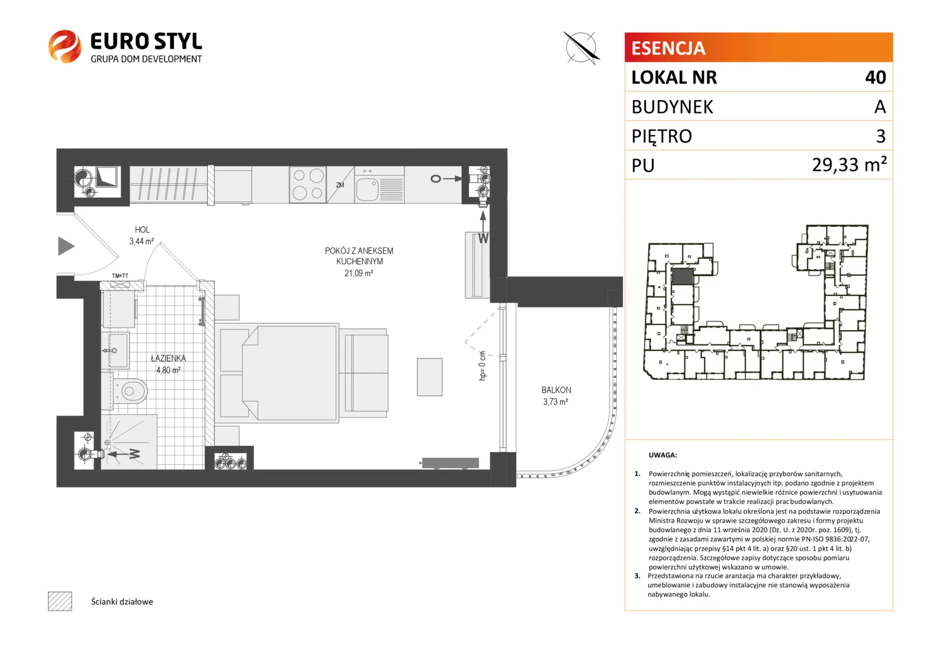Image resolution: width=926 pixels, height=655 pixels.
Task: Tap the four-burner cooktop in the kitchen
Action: tap(308, 184)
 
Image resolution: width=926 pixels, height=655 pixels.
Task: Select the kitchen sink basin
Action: tap(367, 189)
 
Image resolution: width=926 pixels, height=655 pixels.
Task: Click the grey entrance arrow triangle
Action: tap(66, 246)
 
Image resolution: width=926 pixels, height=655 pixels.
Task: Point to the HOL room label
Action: tap(142, 230)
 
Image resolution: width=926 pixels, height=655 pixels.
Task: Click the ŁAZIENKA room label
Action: tap(168, 358)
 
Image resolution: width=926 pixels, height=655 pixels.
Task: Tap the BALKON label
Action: tap(556, 390)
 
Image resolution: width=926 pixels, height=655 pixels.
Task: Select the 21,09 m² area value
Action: tap(359, 273)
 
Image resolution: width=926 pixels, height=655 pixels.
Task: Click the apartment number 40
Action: tap(876, 78)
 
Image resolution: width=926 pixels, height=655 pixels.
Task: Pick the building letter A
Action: tap(880, 107)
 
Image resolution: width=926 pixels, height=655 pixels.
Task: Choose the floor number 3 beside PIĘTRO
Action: tap(881, 136)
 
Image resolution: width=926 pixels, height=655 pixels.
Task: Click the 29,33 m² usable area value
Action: tap(849, 165)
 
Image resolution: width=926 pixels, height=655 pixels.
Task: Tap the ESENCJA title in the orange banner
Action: tap(668, 48)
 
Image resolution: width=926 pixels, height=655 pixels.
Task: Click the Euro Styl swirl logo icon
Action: tap(64, 46)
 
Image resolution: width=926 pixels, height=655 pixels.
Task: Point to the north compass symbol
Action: tap(581, 47)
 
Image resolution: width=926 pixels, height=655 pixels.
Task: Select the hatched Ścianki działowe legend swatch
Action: tap(60, 601)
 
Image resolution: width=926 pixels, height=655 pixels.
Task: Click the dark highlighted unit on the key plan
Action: tap(682, 277)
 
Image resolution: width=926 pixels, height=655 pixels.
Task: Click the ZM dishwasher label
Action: tap(340, 185)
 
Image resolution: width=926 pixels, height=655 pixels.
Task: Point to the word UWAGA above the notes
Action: tap(662, 455)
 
